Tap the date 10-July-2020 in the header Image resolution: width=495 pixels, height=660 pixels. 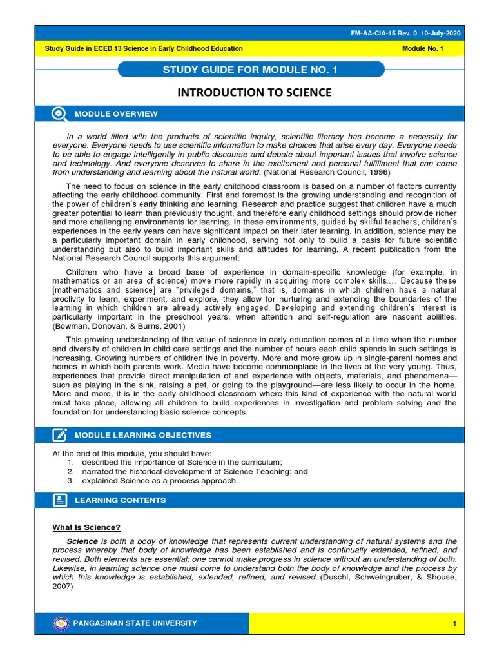[442, 34]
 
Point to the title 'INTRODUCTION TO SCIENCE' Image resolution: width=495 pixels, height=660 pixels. [254, 93]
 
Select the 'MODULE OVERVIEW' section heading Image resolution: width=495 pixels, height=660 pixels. [116, 114]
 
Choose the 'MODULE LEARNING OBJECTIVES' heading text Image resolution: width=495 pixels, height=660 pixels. [142, 436]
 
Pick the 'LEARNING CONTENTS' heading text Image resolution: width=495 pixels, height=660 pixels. [120, 500]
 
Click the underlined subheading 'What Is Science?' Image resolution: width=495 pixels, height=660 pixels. [86, 527]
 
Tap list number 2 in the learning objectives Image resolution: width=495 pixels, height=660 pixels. [70, 472]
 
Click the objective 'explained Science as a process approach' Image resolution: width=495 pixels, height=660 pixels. [160, 481]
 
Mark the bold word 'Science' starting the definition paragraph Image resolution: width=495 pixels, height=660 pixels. [82, 541]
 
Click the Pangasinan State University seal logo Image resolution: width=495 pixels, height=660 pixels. [61, 623]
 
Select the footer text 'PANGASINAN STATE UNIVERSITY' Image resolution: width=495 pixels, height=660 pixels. [136, 623]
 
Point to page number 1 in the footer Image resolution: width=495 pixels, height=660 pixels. [454, 624]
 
